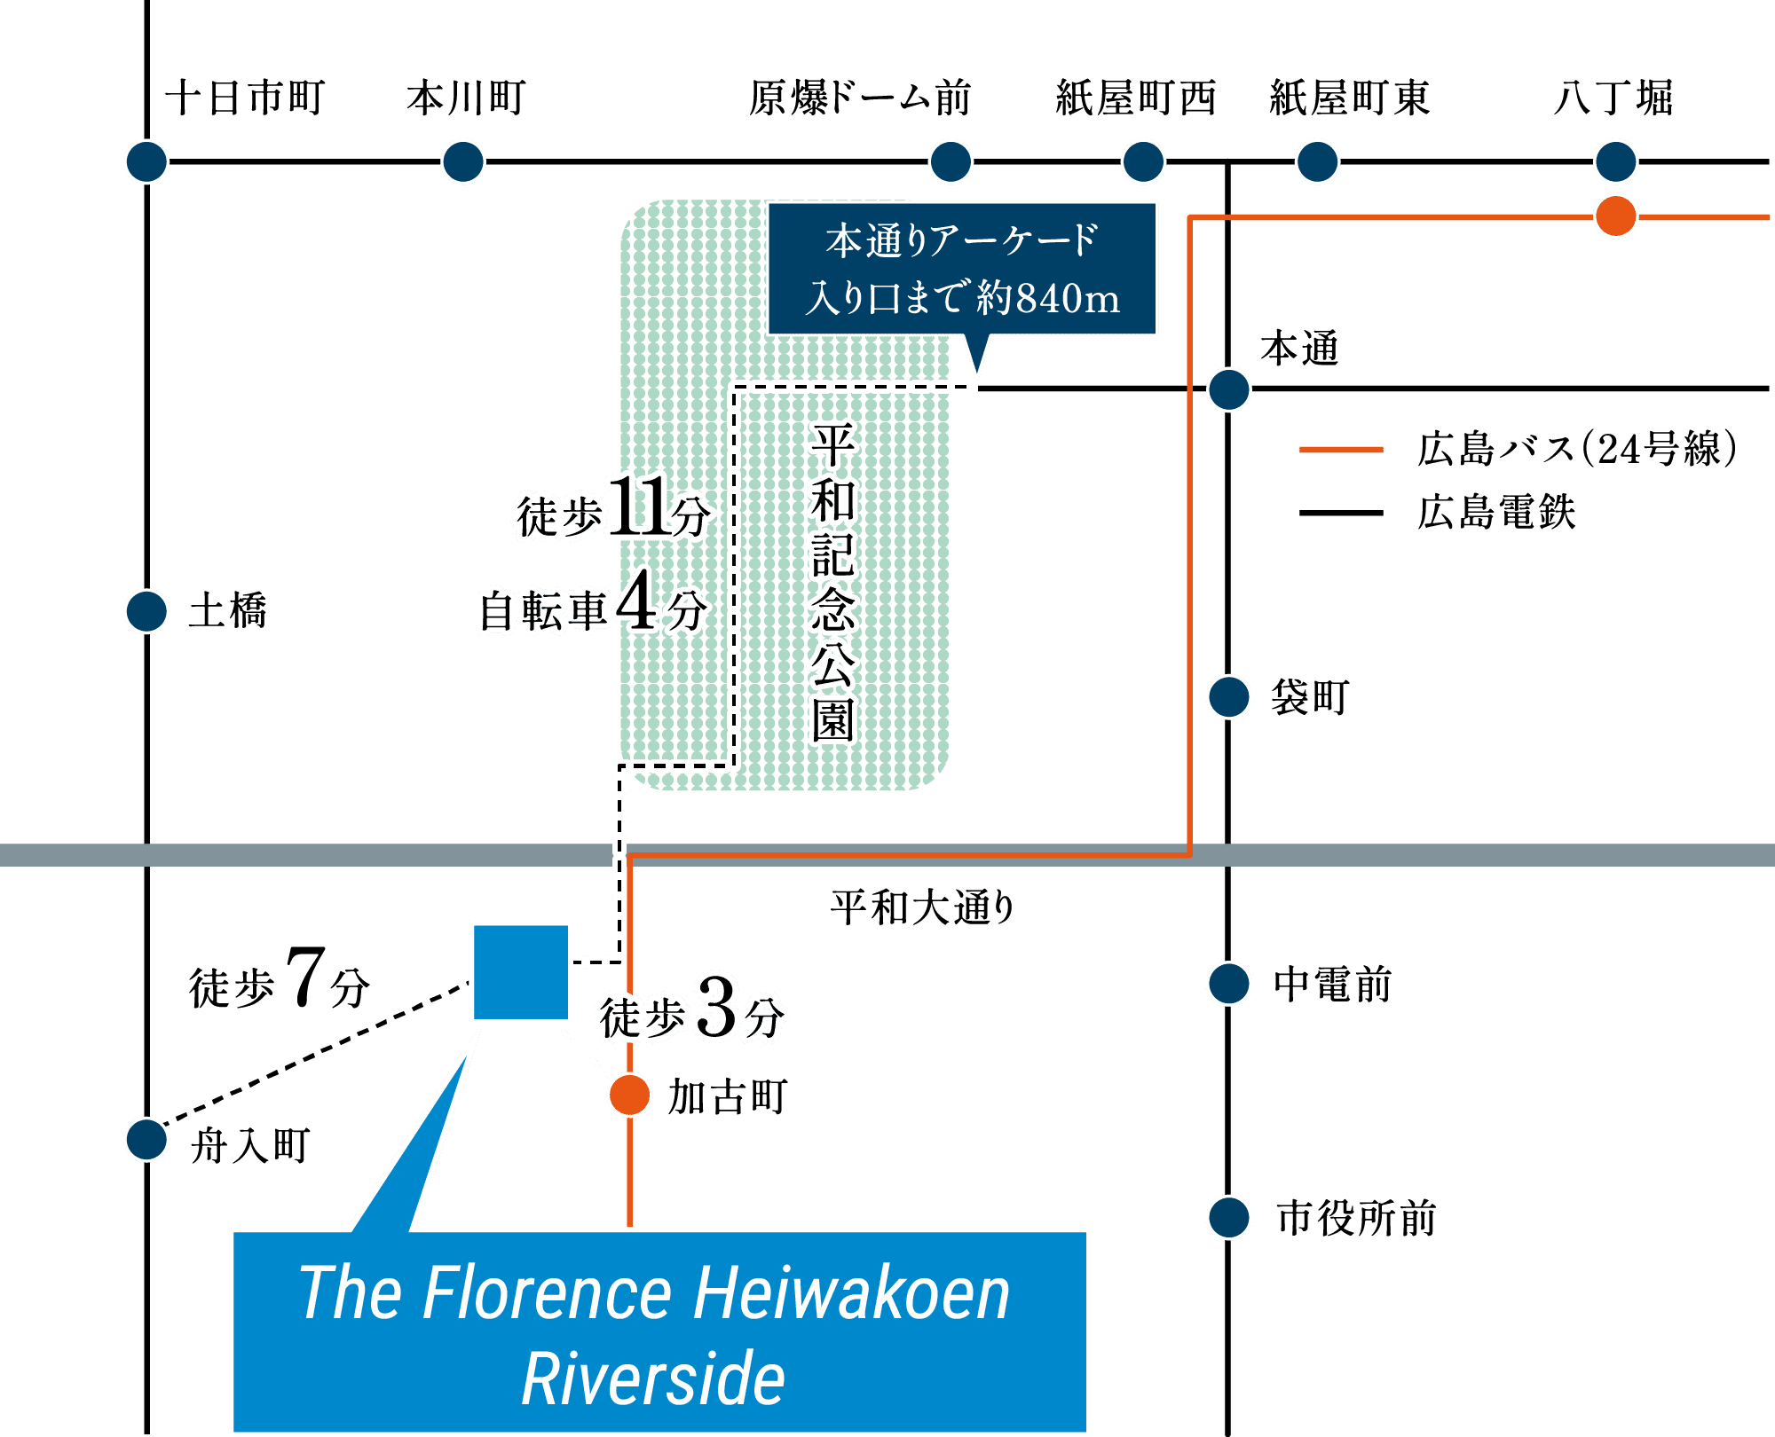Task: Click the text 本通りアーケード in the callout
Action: tap(962, 240)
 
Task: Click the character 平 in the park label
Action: tap(832, 444)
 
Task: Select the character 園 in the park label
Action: tap(832, 720)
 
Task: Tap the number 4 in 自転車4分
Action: tap(637, 601)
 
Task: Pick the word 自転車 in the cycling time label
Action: tap(543, 610)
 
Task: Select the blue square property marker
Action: tap(520, 972)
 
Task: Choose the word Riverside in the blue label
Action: tap(653, 1378)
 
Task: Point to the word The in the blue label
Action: tap(351, 1293)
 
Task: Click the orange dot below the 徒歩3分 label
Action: tap(630, 1095)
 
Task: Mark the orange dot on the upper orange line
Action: tap(1615, 216)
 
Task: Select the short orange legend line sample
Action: tap(1341, 450)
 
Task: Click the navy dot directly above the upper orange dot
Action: tap(1615, 161)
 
